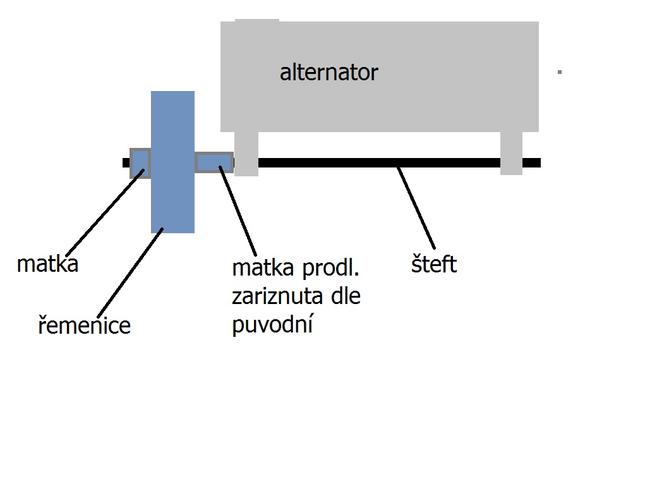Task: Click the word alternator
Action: click(x=328, y=73)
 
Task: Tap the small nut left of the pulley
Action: click(x=140, y=163)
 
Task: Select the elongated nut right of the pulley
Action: click(x=214, y=162)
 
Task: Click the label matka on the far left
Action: click(x=47, y=264)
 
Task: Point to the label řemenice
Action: click(x=84, y=326)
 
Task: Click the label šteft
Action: click(x=433, y=264)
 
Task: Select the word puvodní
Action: click(x=273, y=325)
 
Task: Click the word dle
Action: click(x=341, y=296)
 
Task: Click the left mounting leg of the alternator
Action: click(x=246, y=154)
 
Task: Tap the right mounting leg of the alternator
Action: click(x=511, y=153)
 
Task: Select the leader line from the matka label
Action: click(x=104, y=209)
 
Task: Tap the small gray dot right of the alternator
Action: click(x=560, y=72)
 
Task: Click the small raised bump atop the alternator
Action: click(x=256, y=21)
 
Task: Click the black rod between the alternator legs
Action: click(x=379, y=162)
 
